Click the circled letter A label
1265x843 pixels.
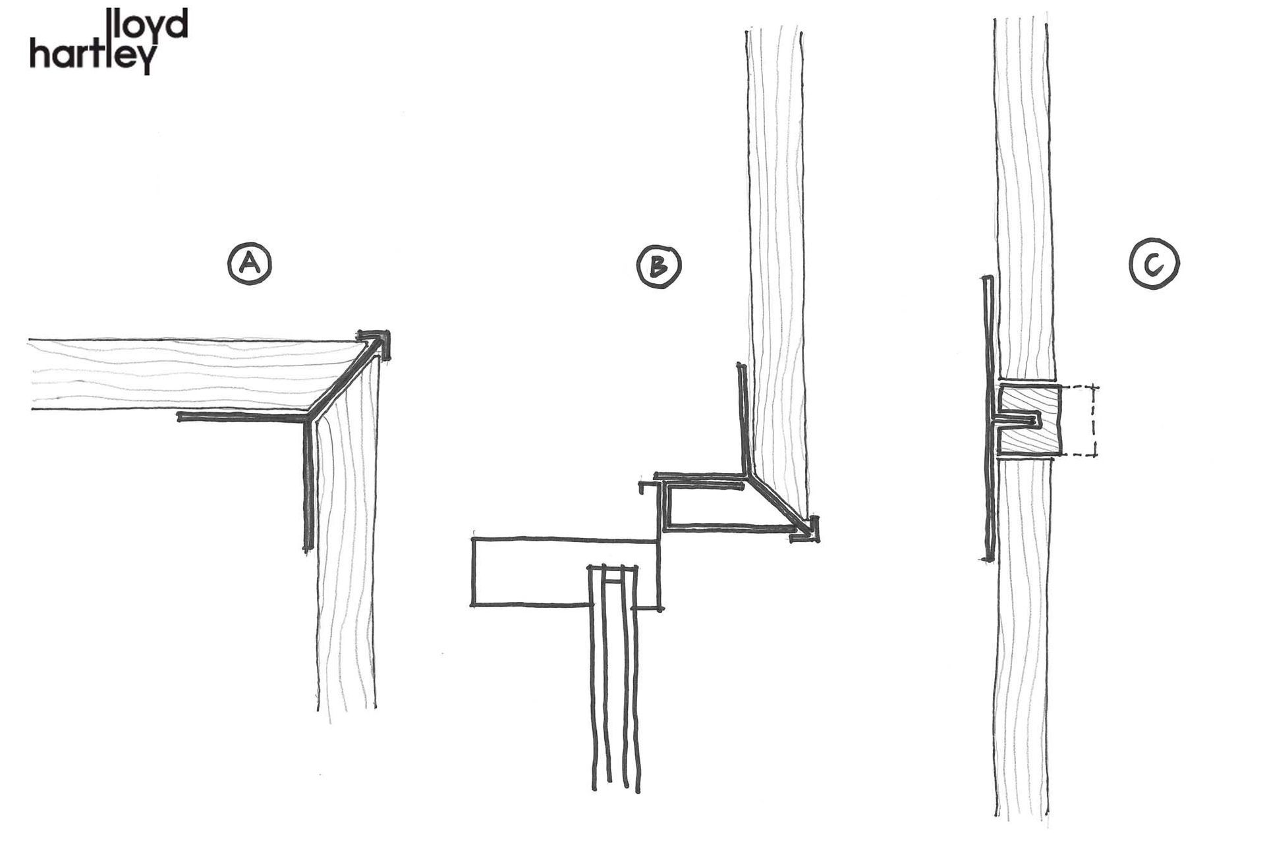tap(250, 265)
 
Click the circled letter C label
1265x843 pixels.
tap(1154, 265)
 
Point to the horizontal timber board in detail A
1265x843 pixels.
tap(184, 375)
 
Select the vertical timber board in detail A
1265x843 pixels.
tap(348, 560)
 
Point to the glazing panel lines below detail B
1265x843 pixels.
tap(613, 692)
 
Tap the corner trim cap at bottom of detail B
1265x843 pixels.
tap(811, 530)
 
